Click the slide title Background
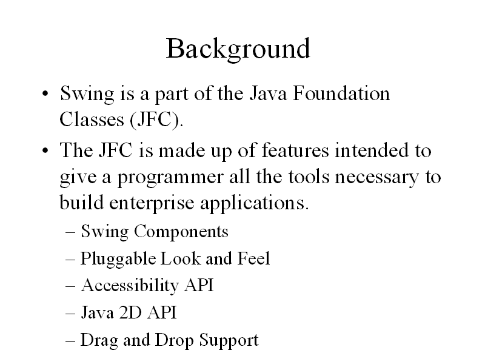238,49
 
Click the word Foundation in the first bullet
341,93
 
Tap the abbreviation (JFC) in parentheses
156,120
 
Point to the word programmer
170,178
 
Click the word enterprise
152,203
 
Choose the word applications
254,203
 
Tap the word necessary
376,178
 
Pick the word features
295,150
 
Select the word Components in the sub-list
181,232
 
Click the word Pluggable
118,259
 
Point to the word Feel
253,258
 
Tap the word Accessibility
130,285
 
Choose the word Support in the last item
229,340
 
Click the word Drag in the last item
99,340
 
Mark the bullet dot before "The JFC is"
45,151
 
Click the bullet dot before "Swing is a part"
45,93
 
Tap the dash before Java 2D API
70,313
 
